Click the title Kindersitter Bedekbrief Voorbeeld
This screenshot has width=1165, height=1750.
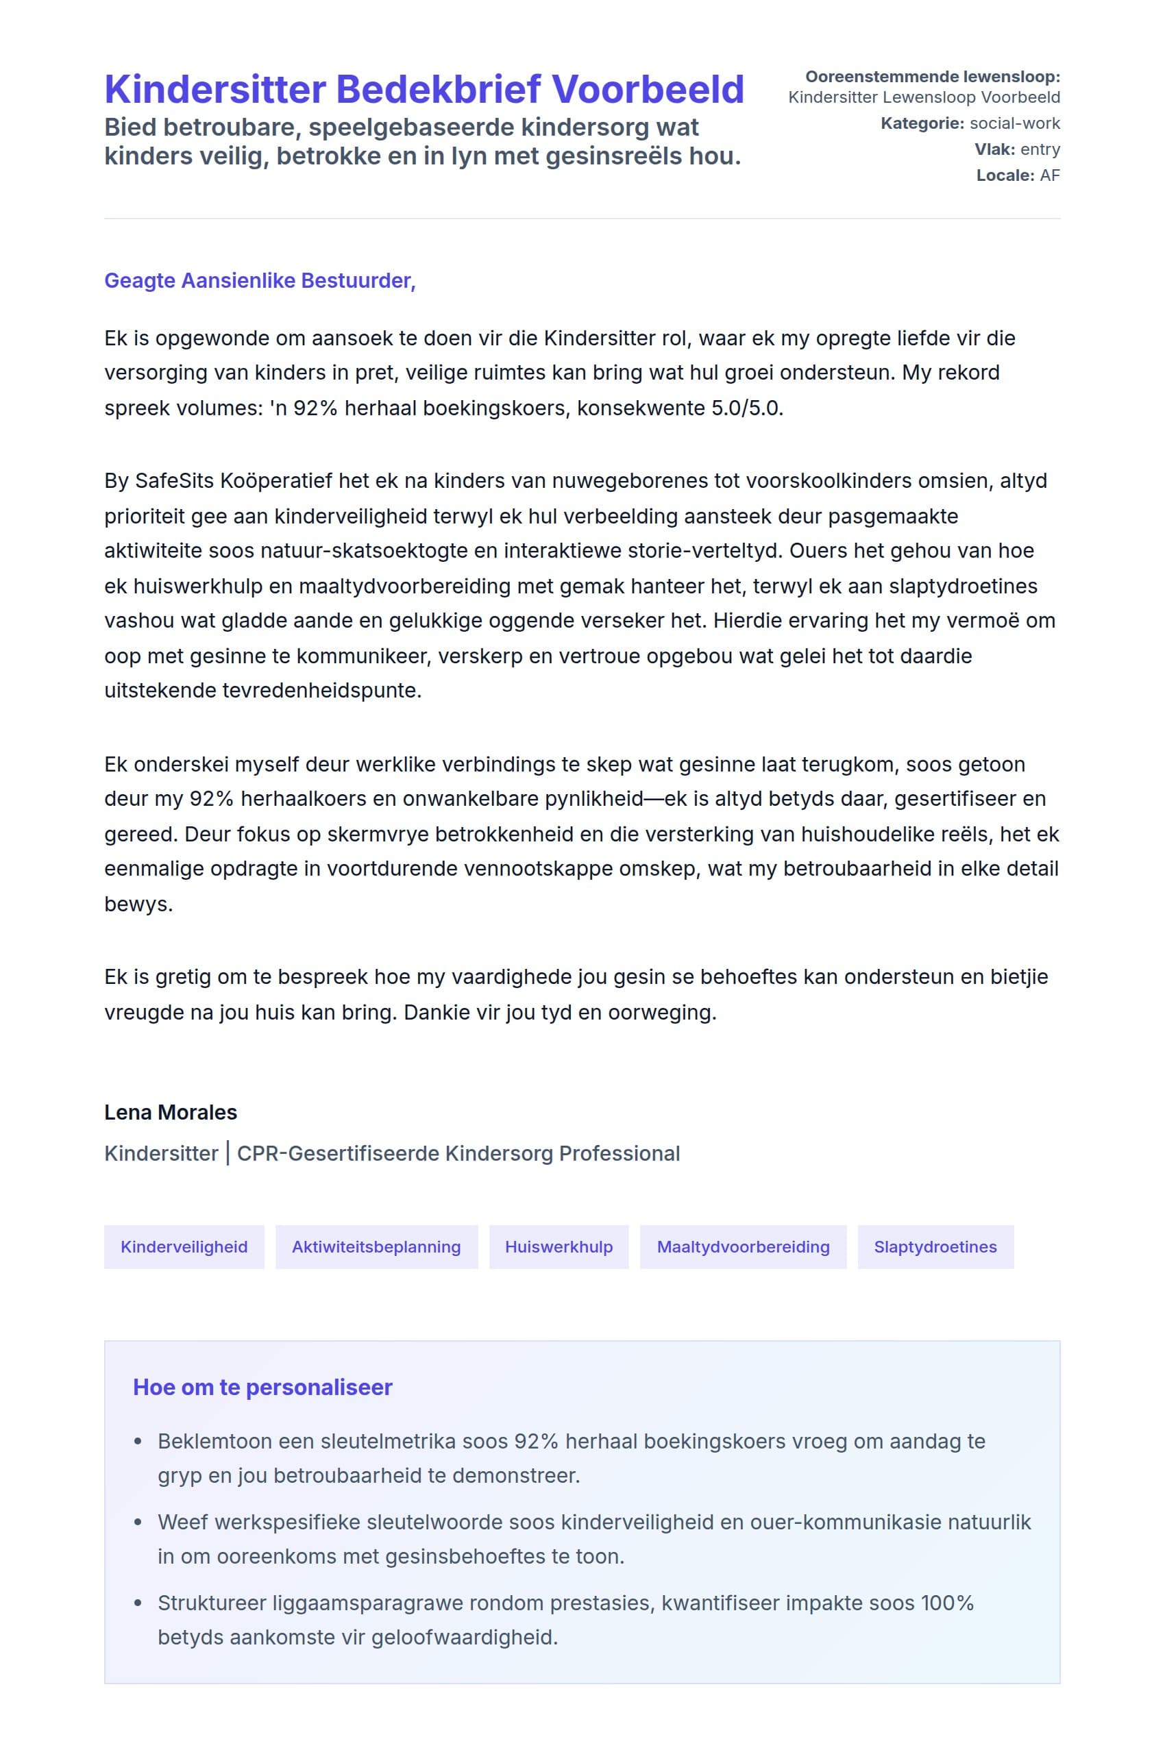(x=424, y=89)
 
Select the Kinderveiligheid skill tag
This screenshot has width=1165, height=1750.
(x=184, y=1246)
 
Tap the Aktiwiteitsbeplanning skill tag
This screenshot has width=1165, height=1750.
(x=376, y=1246)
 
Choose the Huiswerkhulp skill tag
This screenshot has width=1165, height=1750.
(x=559, y=1246)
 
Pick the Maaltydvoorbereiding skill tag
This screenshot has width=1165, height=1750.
(x=743, y=1246)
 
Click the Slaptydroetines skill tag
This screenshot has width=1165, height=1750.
(x=935, y=1246)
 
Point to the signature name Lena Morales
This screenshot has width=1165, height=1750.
(x=170, y=1112)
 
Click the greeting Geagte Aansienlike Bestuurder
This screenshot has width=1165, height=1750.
(x=259, y=281)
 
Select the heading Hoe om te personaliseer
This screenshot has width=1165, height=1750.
(x=262, y=1387)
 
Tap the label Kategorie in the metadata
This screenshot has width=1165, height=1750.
(x=921, y=123)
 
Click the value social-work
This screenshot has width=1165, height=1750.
(x=1015, y=123)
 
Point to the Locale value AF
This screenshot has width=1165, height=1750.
(x=1050, y=175)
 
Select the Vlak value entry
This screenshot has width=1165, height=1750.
(x=1040, y=149)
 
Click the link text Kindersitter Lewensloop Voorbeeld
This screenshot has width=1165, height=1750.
(x=924, y=97)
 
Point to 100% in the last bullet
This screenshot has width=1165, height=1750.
(x=946, y=1603)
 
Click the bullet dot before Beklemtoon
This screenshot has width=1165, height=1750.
(x=138, y=1442)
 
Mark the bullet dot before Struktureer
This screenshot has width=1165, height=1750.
(x=138, y=1603)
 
